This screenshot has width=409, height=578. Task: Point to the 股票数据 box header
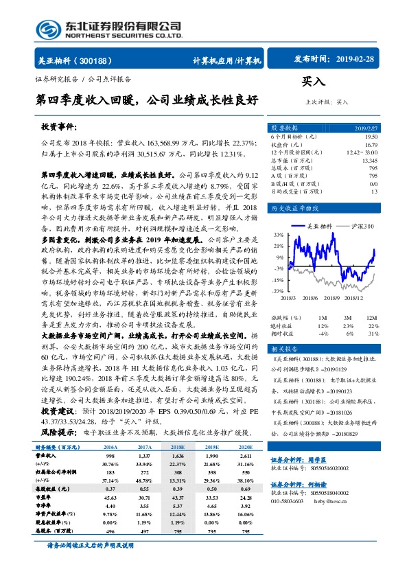click(283, 128)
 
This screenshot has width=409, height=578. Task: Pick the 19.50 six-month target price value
click(369, 137)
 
